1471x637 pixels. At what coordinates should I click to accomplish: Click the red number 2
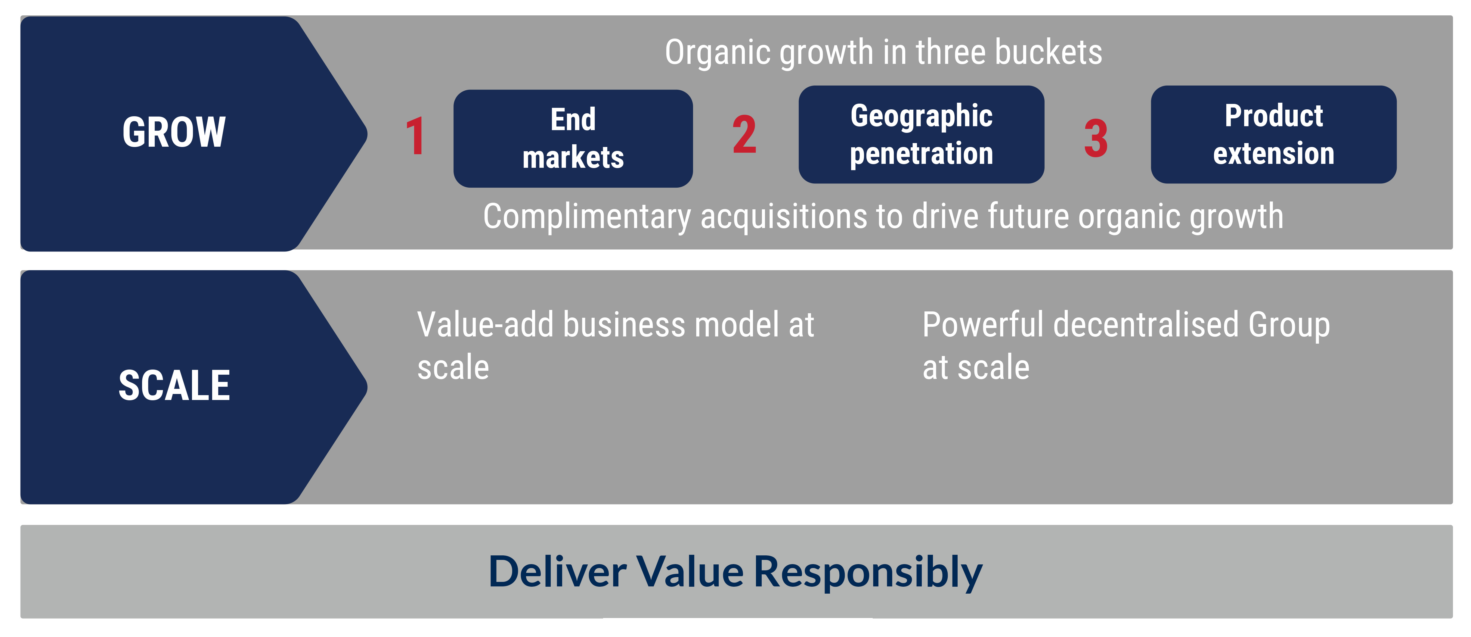click(744, 135)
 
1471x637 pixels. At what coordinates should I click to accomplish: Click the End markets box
click(573, 138)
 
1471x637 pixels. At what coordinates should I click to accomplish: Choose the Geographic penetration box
click(921, 135)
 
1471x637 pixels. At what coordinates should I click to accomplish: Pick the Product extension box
click(1273, 135)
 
